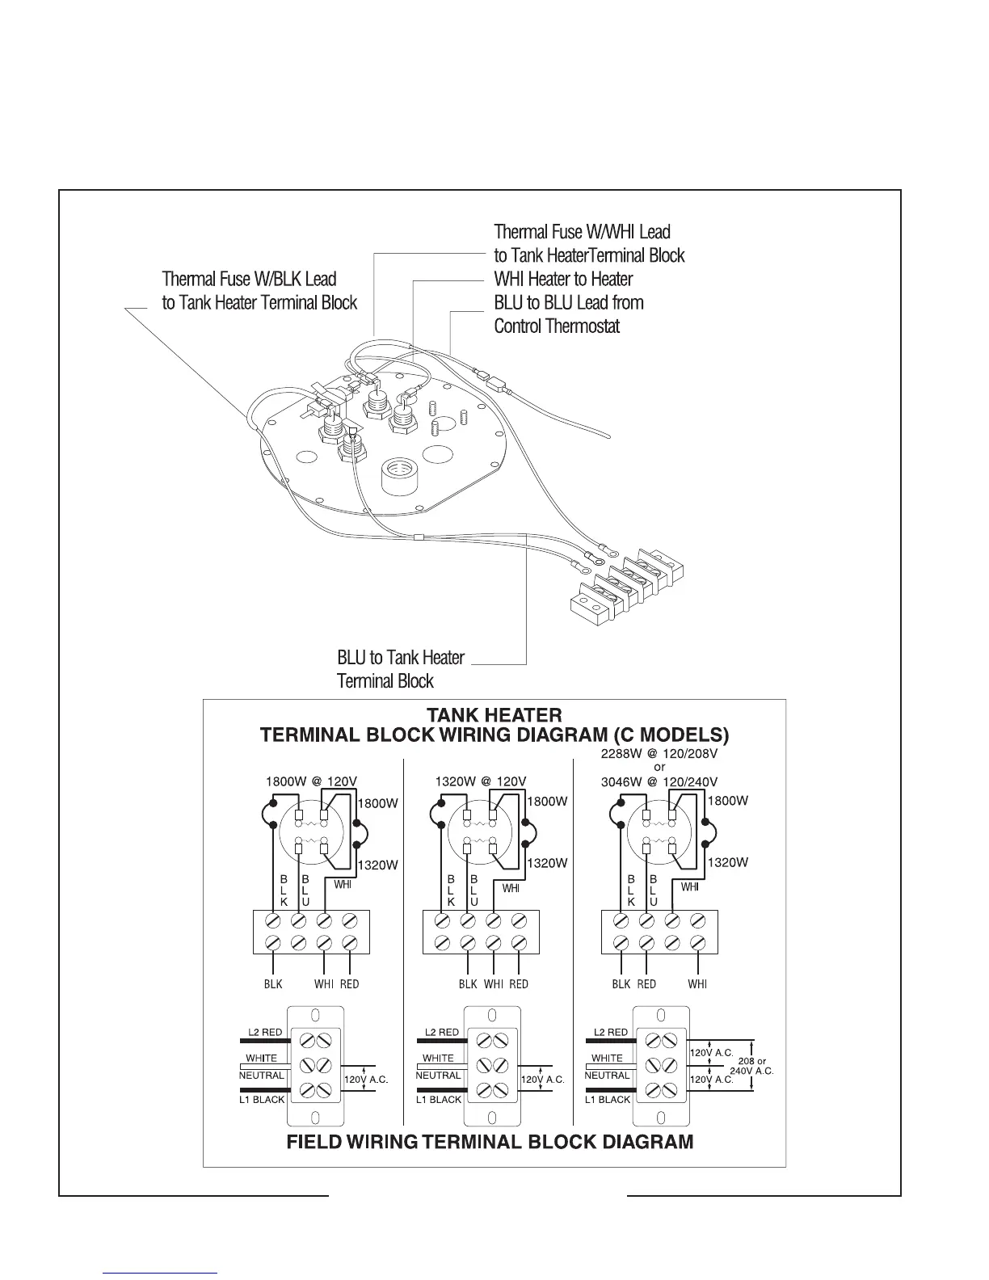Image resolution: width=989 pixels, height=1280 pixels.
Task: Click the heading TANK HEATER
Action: [x=494, y=715]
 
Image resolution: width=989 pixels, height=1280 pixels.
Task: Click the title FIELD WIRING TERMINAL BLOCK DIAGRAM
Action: [x=490, y=1142]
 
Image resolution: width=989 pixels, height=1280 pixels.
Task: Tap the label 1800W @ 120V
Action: [x=311, y=781]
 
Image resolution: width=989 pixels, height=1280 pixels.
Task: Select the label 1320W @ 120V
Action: [x=481, y=781]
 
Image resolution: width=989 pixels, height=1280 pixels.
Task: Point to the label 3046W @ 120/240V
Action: [x=659, y=781]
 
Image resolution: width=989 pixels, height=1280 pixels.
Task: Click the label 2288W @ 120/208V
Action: [x=659, y=753]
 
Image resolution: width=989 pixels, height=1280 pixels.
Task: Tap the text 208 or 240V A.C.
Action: [x=751, y=1066]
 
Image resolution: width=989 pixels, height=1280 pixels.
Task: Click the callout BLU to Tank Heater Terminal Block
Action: [x=401, y=669]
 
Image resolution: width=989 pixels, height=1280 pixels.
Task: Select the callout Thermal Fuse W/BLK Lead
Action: [x=249, y=280]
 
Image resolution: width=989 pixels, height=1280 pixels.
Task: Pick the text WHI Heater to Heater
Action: [x=563, y=280]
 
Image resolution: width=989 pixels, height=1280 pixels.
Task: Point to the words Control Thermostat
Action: [x=557, y=326]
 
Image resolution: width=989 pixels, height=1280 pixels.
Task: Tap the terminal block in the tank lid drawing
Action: [x=627, y=583]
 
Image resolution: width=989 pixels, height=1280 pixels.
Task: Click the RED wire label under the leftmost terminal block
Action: [x=349, y=983]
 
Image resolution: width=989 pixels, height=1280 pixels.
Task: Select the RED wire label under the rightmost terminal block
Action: [x=646, y=983]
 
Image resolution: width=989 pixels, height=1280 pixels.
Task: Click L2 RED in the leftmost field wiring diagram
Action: [x=264, y=1032]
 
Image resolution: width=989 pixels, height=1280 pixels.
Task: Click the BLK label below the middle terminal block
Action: [x=468, y=983]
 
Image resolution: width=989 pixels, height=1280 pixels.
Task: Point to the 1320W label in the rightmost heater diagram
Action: [x=728, y=862]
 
